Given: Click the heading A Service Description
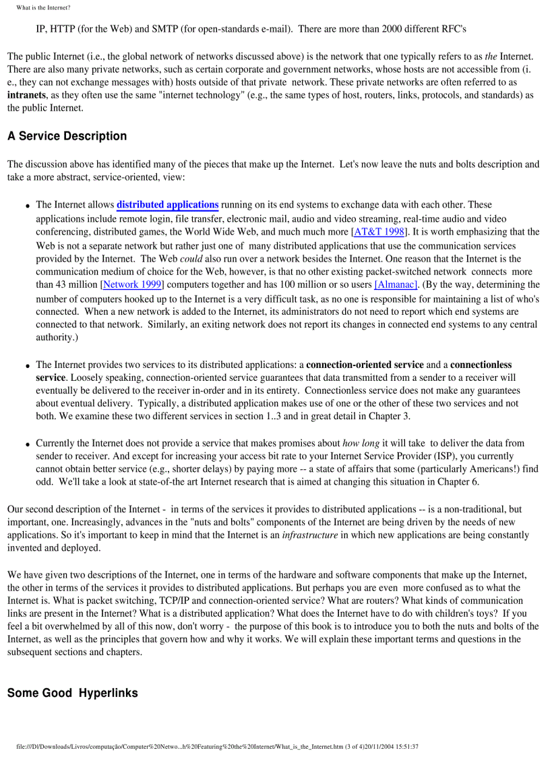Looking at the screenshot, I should (67, 136).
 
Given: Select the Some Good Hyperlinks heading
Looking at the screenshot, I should (72, 693).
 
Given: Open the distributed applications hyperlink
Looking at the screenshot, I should (167, 205).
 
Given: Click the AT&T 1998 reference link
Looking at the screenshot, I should (379, 232).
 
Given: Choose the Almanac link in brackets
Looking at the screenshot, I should (396, 285).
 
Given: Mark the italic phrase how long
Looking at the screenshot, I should (361, 444).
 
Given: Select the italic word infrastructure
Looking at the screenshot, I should (309, 535).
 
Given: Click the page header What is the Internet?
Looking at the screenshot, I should (43, 7).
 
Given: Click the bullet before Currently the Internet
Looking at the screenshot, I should (28, 445).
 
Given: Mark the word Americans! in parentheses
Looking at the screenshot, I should (489, 470).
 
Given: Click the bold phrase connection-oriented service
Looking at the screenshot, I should (365, 365).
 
